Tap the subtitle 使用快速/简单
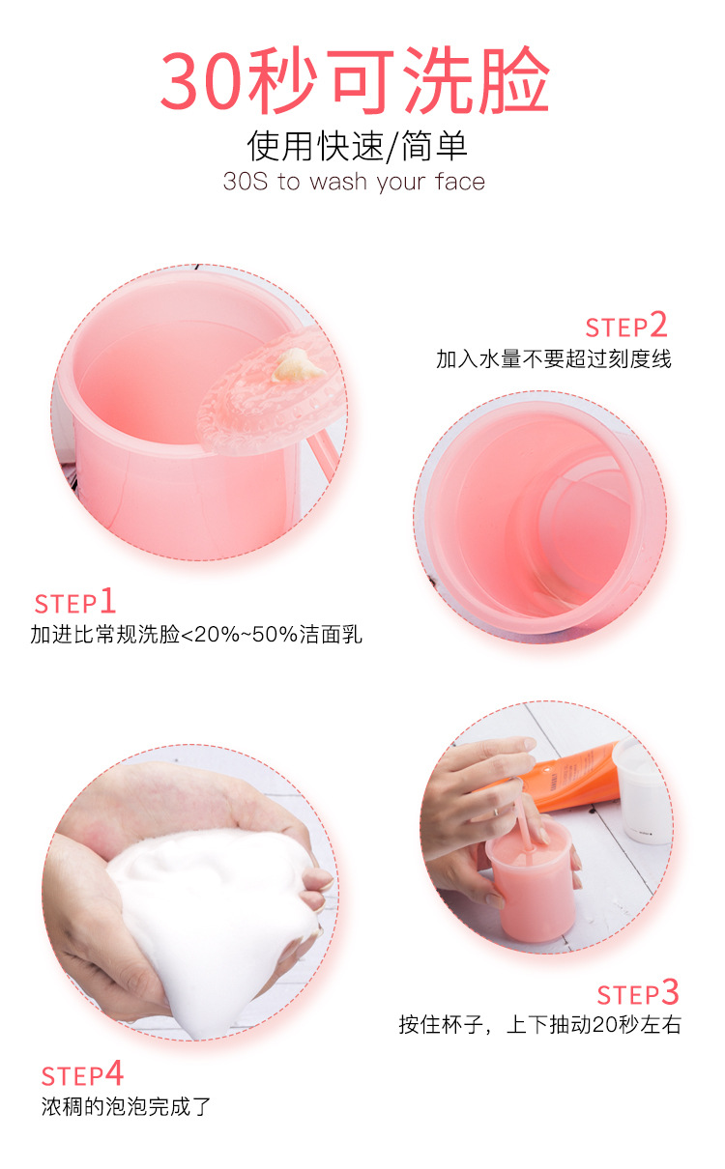point(357,145)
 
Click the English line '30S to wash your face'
point(354,182)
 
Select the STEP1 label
point(74,603)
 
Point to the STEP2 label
point(626,326)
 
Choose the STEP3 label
point(638,994)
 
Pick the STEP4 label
point(82,1074)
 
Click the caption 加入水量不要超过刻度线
point(554,359)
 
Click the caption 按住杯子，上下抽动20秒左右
point(539,1025)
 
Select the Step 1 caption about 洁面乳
point(196,635)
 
